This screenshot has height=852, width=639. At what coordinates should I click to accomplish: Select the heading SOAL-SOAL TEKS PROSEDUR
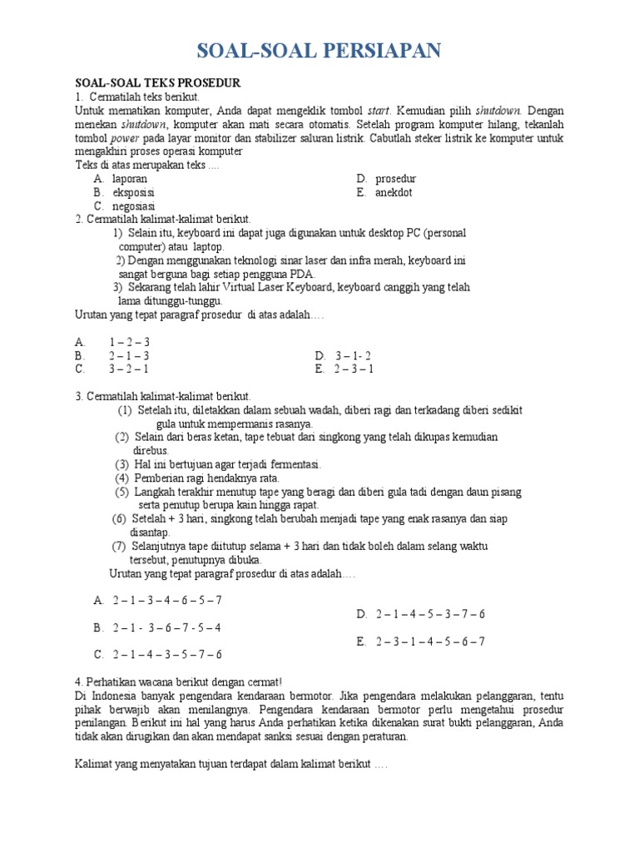pos(157,84)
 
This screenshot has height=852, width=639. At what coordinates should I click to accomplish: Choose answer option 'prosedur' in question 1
pos(395,179)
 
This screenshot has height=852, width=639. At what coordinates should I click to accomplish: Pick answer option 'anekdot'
pos(393,192)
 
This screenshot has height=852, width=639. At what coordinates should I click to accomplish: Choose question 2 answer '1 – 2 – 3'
pos(129,342)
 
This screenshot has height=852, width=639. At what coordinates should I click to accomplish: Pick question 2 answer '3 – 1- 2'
pos(353,355)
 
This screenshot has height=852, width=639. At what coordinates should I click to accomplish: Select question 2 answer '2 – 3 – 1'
pos(354,369)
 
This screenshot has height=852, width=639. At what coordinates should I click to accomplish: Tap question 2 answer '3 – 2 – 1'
pos(129,369)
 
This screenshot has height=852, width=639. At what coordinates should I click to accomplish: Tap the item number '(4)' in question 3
pos(122,478)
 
